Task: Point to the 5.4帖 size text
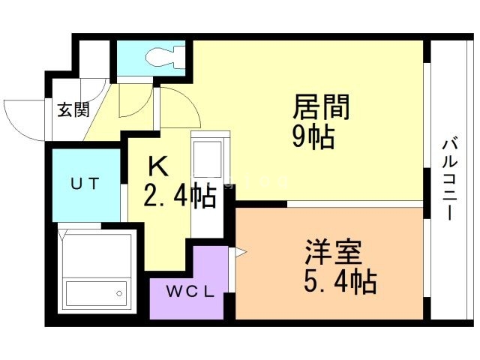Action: (340, 282)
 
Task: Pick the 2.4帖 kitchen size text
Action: (179, 196)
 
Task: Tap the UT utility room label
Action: (84, 184)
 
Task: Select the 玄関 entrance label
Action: (74, 109)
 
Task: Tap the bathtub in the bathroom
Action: (96, 291)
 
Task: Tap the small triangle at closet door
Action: (240, 253)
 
